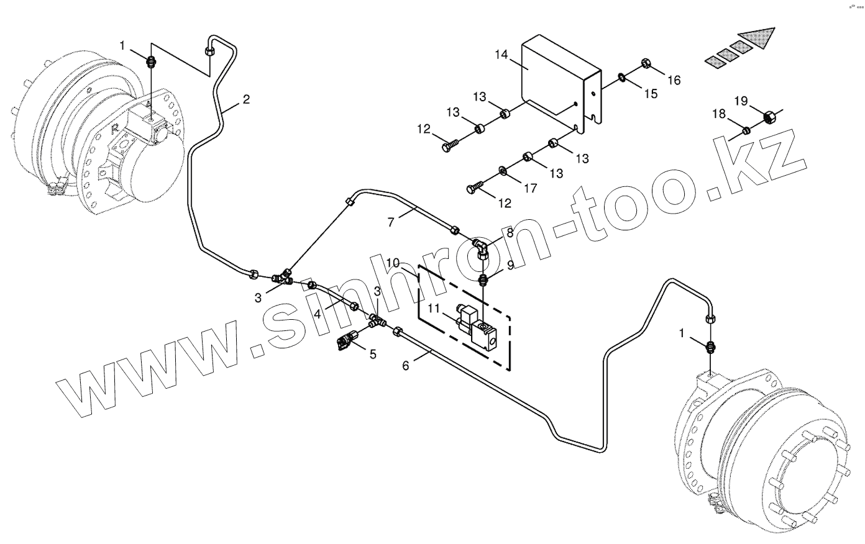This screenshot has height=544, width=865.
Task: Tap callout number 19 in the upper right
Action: tap(741, 101)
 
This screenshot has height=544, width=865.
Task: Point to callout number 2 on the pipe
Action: tap(246, 99)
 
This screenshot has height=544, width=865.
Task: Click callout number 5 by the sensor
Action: tap(373, 354)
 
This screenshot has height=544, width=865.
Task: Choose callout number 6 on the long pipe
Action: tap(406, 365)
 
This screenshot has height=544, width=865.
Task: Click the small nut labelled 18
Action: tap(746, 130)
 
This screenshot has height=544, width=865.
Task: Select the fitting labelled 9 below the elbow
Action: tap(485, 277)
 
